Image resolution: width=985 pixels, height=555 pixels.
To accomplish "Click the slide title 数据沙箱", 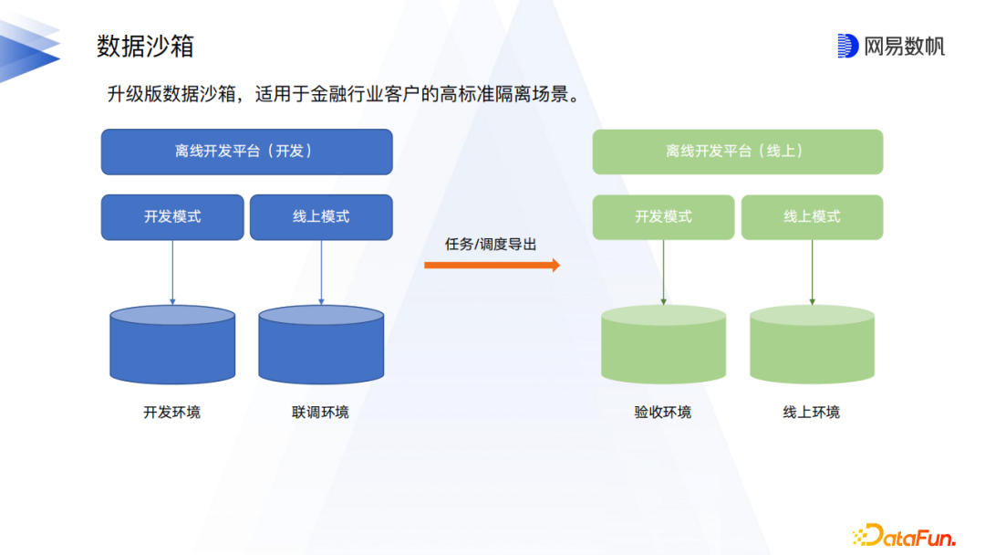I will point(145,46).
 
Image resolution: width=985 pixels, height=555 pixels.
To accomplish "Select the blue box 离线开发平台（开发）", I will point(246,152).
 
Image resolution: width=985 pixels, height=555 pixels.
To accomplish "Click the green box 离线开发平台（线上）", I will point(737,152).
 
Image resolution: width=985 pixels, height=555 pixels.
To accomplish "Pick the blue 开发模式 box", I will point(172,217).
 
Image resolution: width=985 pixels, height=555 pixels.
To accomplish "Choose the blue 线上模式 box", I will point(321,217).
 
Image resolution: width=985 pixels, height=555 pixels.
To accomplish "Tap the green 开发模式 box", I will point(663,217).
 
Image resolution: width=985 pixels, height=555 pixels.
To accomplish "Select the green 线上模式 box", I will point(812,217).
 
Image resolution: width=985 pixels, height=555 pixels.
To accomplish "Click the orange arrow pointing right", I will point(492,266).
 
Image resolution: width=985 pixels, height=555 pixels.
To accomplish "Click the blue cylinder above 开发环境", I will point(172,345).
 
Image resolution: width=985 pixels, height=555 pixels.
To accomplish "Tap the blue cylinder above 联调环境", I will point(321,345).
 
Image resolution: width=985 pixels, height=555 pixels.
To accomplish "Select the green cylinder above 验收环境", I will point(663,345).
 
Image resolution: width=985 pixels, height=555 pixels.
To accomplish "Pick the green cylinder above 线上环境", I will point(812,345).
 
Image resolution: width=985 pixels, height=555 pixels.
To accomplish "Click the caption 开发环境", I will point(172,413).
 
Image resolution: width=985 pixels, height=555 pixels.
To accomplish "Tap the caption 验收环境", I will point(663,413).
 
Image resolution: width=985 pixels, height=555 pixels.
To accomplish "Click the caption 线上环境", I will point(811,413).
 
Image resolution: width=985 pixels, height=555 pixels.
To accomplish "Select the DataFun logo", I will point(904,535).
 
